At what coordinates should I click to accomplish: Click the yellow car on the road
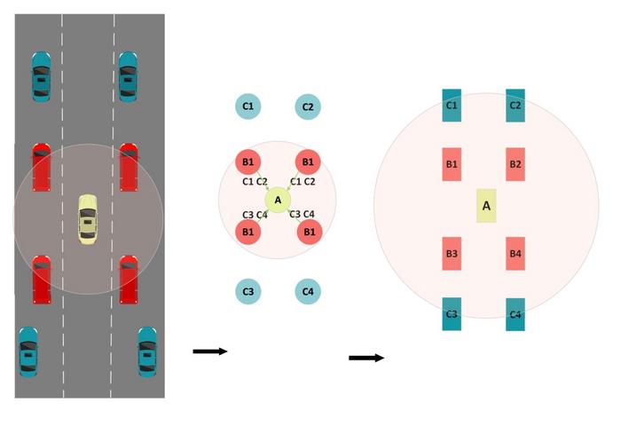(87, 219)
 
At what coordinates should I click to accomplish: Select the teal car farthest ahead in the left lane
(42, 76)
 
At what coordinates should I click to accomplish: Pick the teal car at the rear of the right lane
(147, 351)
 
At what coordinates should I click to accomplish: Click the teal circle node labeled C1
(248, 107)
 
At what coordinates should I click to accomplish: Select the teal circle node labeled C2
(308, 107)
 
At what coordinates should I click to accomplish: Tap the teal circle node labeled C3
(248, 291)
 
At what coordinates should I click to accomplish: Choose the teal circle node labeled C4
(308, 291)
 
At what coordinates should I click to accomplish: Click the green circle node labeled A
(278, 201)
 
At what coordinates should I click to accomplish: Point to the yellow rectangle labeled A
(486, 206)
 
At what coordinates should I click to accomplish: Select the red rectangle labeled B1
(452, 164)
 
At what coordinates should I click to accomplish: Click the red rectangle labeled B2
(515, 164)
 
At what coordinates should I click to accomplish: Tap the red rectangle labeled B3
(452, 254)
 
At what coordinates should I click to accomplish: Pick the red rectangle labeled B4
(515, 254)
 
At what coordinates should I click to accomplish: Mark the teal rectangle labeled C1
(452, 106)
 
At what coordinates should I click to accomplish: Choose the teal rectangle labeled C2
(515, 106)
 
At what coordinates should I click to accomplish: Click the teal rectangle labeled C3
(452, 314)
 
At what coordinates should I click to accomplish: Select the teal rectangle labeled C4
(515, 314)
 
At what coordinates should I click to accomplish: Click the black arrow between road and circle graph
(210, 352)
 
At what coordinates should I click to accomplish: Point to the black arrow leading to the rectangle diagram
(366, 358)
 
